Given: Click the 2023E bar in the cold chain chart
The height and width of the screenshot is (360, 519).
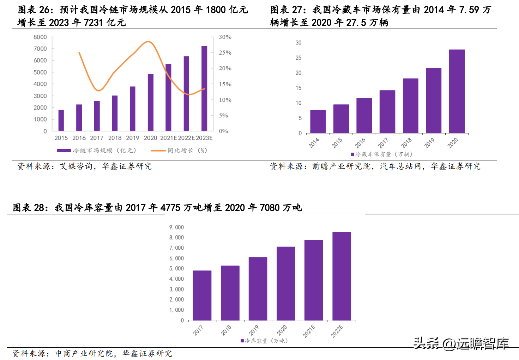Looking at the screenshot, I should coord(204,88).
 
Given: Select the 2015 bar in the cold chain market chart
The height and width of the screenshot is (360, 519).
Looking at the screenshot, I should coord(61,120).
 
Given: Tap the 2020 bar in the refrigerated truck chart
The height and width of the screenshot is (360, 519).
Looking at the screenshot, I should coord(457,91).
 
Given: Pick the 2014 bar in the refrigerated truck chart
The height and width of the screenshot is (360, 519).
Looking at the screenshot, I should coord(318,122).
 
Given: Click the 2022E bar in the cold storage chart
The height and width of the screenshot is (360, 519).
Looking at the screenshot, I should coord(342,276).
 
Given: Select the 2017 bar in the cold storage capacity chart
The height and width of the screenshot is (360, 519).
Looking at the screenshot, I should coord(202,295).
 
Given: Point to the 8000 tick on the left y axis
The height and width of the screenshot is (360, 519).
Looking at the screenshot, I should coord(40,37).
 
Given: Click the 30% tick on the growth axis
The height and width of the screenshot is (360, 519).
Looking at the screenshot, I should coord(225,37).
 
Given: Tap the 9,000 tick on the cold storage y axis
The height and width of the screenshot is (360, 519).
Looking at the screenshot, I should coord(176,227).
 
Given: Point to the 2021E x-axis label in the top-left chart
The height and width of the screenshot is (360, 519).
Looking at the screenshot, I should coord(168,138).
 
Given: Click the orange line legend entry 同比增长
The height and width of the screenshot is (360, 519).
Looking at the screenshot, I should coord(179,151).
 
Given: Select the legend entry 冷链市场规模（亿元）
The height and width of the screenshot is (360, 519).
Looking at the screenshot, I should coord(97,151).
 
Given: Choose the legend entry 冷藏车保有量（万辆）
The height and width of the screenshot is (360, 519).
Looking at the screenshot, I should coord(382,154).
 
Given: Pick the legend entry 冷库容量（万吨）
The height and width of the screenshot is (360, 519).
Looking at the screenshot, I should coord(264,341).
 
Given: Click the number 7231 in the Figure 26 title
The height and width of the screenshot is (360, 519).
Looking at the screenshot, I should coord(93,23).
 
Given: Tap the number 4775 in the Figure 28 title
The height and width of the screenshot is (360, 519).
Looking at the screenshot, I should coord(170,208).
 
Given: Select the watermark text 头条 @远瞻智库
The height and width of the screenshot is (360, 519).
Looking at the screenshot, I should coord(461,343).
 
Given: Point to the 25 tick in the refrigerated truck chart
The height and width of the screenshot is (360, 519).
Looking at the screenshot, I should coord(298,58).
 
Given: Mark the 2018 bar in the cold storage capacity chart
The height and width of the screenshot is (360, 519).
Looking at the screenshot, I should coord(230,293).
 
